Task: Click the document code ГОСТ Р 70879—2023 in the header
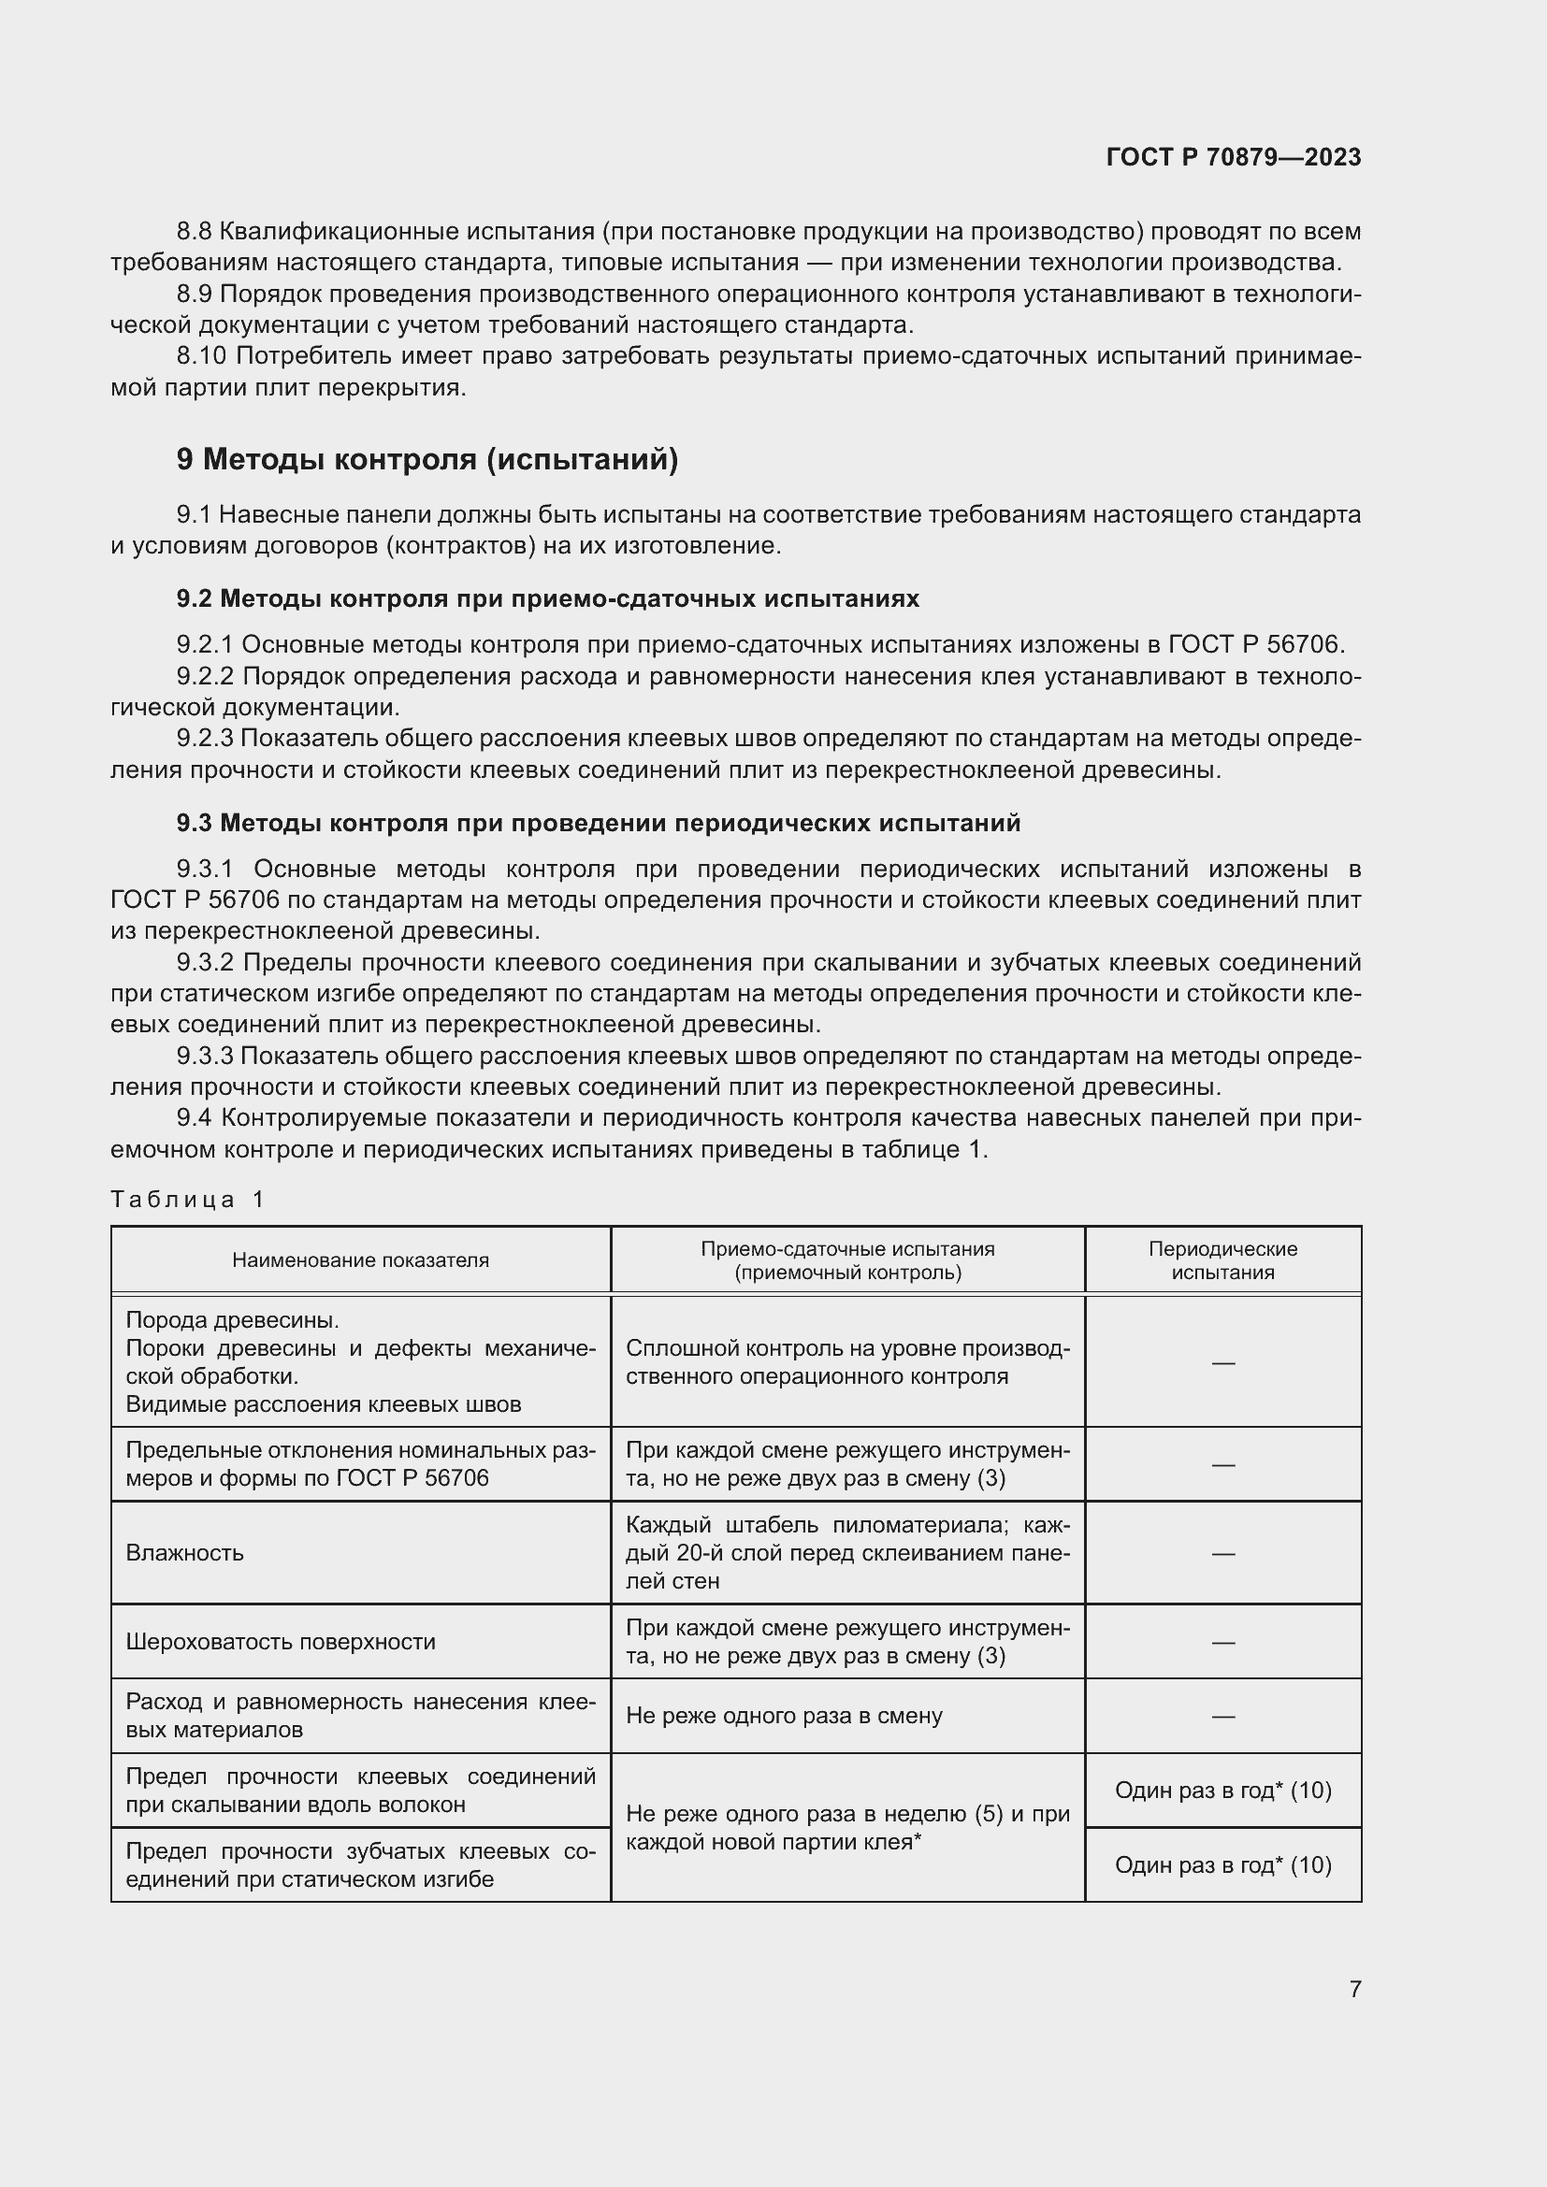pos(1234,157)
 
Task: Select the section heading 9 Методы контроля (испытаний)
pos(427,460)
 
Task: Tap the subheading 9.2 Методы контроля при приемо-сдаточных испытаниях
pos(548,599)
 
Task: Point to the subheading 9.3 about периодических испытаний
pos(599,823)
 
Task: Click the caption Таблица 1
pos(187,1200)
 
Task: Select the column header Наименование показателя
pos(360,1260)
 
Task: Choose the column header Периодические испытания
pos(1222,1260)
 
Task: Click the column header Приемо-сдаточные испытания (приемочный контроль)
pos(846,1260)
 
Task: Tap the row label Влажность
pos(185,1553)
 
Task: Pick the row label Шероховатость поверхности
pos(280,1641)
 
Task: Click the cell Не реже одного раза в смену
pos(784,1716)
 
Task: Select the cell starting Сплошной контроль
pos(846,1362)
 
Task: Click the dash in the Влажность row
pos(1222,1554)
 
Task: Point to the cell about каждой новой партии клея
pos(846,1827)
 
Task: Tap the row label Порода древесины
pos(233,1320)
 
